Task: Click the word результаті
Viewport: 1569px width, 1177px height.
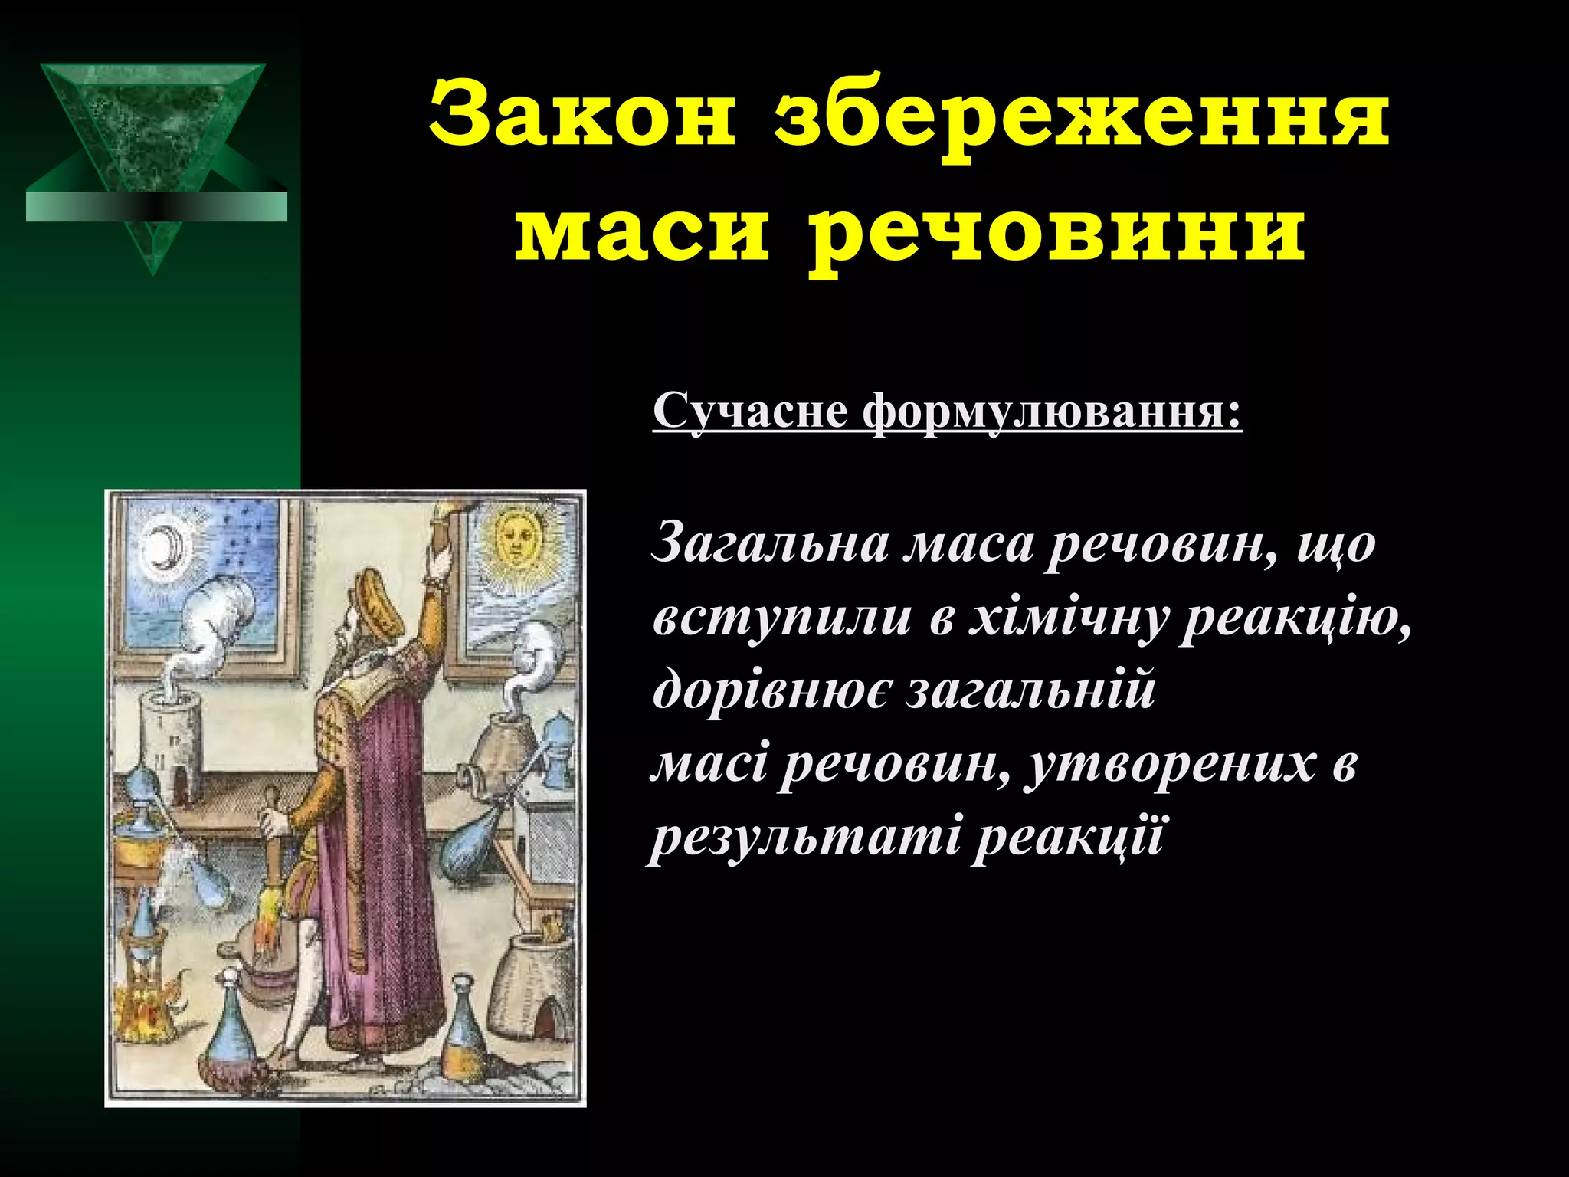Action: pos(804,837)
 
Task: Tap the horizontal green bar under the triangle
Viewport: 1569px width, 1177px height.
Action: pos(156,207)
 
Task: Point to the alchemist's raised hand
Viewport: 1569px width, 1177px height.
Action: pos(440,563)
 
